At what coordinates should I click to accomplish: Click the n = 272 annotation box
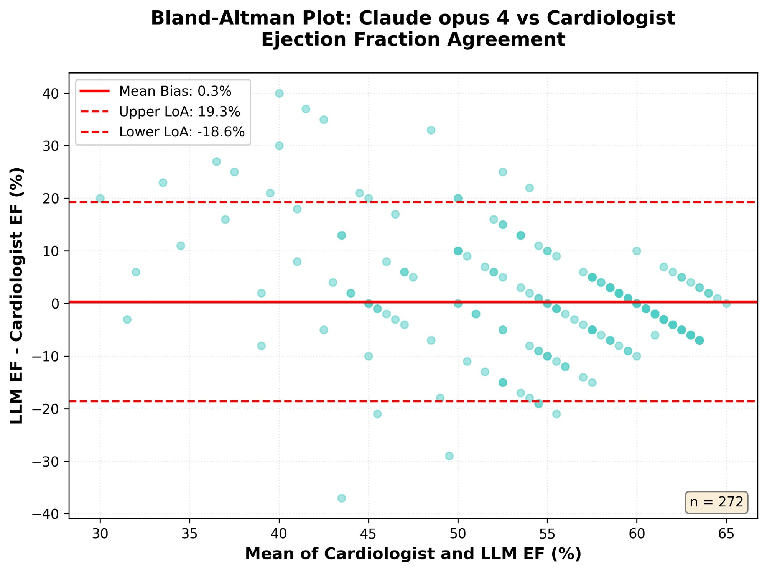point(716,502)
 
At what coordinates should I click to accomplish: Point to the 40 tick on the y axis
point(50,94)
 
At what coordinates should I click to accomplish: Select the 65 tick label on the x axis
point(726,533)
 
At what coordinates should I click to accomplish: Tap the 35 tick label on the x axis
point(189,533)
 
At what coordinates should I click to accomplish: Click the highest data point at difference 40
point(279,94)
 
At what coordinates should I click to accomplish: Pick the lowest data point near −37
point(342,498)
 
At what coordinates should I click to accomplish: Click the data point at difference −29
point(449,456)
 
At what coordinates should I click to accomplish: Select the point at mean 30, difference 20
point(100,199)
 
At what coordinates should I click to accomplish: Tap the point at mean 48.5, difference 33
point(431,130)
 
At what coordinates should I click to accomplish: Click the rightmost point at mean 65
point(726,304)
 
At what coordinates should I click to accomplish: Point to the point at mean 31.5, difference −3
point(127,319)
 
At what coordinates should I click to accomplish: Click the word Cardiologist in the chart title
point(611,18)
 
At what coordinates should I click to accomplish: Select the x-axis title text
point(413,554)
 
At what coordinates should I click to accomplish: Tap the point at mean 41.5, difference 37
point(306,109)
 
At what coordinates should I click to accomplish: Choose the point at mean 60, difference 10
point(637,251)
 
